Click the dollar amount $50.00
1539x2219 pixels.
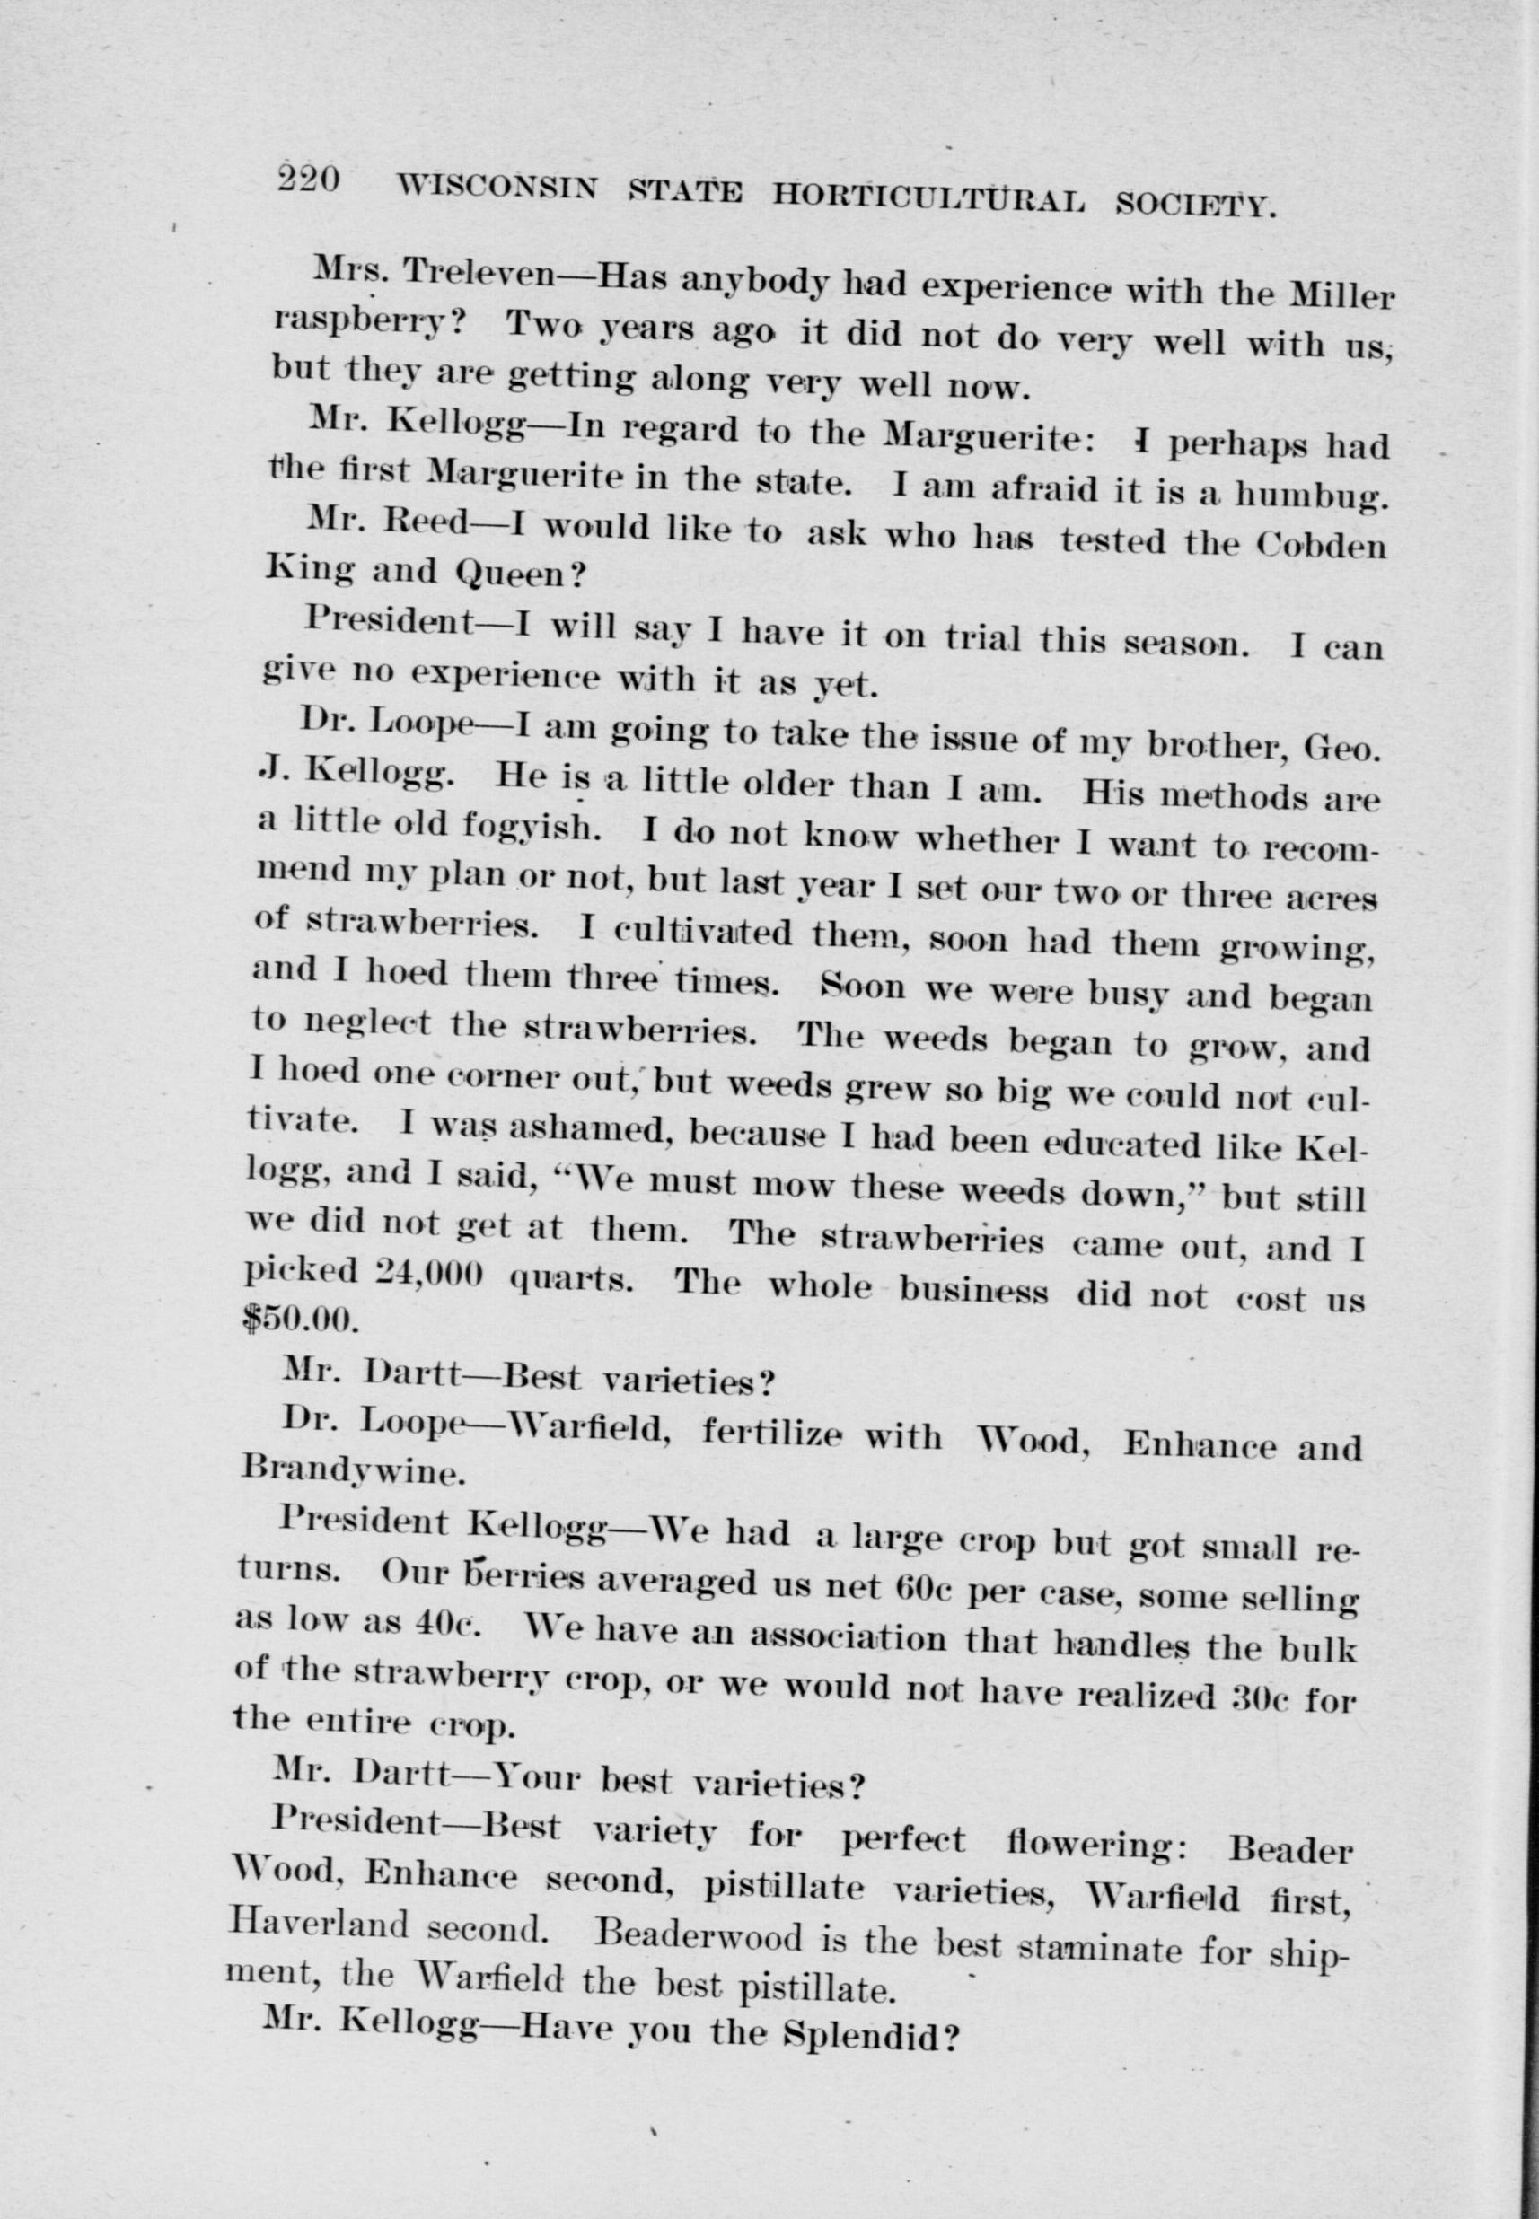tap(302, 1318)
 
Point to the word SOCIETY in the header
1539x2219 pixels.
tap(1195, 204)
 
